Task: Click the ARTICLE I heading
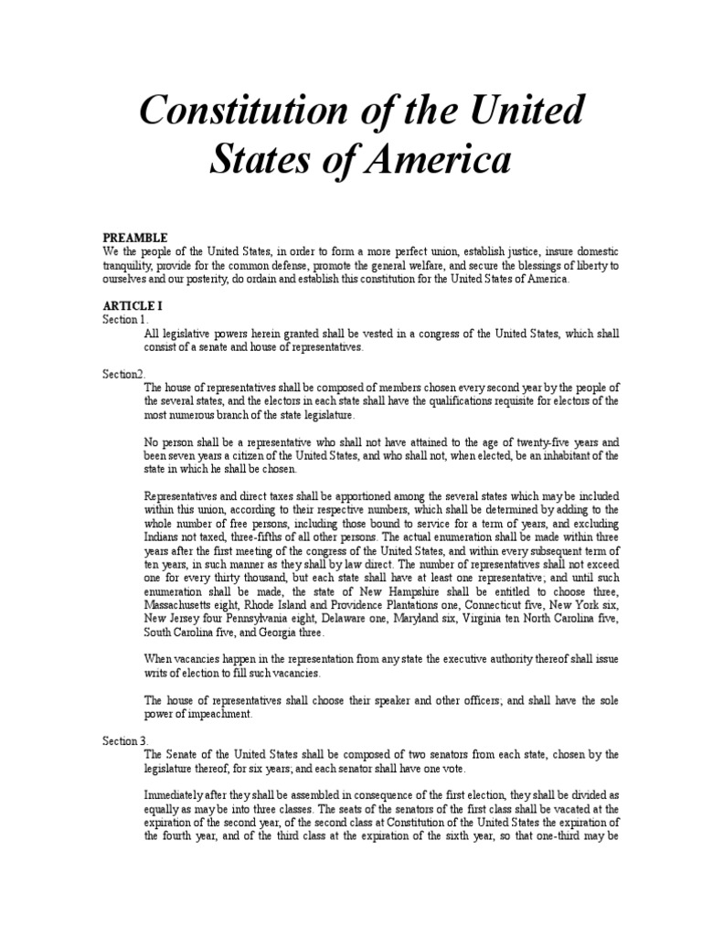pyautogui.click(x=133, y=306)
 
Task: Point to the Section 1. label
pyautogui.click(x=123, y=320)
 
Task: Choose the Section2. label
pyautogui.click(x=123, y=374)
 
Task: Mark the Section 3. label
pyautogui.click(x=123, y=741)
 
